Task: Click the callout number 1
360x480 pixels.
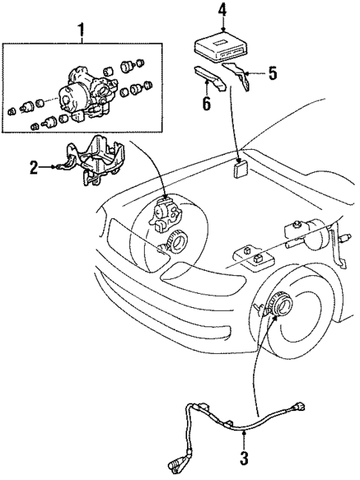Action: (x=81, y=32)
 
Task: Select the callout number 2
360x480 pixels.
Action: (x=33, y=168)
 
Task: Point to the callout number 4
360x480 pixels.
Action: (x=222, y=10)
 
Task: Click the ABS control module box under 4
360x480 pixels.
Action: (x=220, y=46)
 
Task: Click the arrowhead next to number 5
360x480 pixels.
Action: (x=249, y=73)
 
